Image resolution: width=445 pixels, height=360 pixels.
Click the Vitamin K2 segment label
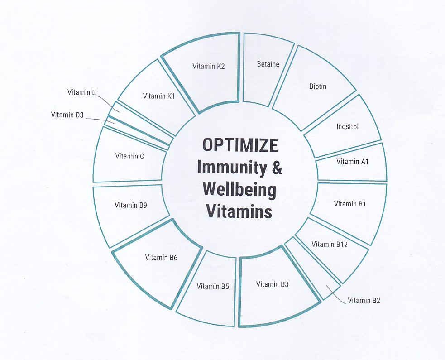(208, 66)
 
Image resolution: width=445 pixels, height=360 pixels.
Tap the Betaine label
(268, 64)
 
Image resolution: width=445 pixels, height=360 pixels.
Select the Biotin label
(318, 86)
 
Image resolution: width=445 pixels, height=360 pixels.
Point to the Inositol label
(347, 127)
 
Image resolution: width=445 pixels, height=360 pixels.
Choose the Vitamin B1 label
(350, 204)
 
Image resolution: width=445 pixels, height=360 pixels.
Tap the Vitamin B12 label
(330, 245)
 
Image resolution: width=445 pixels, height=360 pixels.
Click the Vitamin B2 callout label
(364, 300)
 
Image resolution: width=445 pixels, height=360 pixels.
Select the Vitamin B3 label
(272, 284)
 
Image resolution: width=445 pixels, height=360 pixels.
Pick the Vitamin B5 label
(213, 286)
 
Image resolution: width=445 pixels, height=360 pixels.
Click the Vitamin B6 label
(161, 258)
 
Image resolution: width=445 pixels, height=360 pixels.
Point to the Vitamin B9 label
(131, 205)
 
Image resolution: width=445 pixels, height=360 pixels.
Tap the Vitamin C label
(129, 156)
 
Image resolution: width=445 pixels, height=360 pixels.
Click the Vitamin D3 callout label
(67, 115)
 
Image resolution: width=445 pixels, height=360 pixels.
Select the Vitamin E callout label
(81, 92)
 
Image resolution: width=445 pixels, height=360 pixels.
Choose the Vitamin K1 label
(159, 96)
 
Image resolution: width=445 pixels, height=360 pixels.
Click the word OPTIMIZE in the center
(240, 145)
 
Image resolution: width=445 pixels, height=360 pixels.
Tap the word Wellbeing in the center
(239, 189)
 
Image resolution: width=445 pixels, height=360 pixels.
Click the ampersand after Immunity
(277, 168)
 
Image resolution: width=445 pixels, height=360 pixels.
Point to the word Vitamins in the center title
(239, 211)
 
